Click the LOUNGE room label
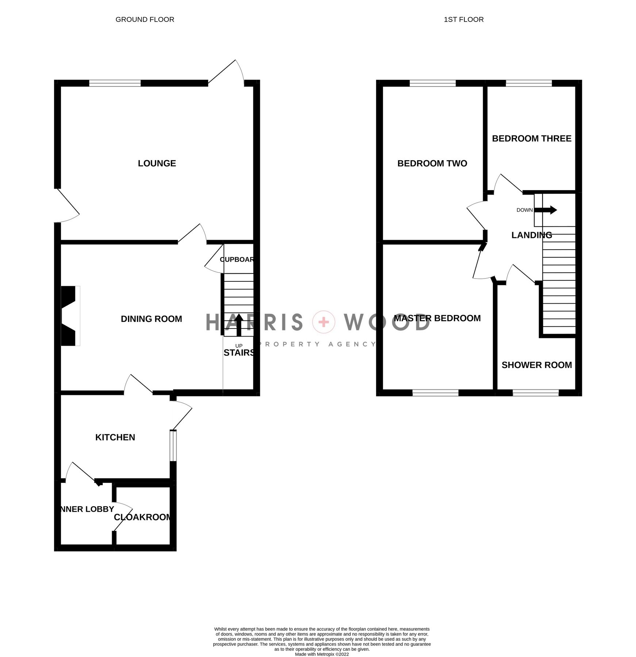[x=157, y=163]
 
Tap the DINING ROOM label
[x=151, y=319]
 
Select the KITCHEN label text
[x=115, y=437]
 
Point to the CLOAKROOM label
[x=142, y=517]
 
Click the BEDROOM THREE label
[x=531, y=138]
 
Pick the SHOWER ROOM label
[x=536, y=365]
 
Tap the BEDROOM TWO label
[x=432, y=163]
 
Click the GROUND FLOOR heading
[x=145, y=19]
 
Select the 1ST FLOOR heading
[x=463, y=19]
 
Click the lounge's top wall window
[x=115, y=84]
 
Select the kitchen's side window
[x=173, y=446]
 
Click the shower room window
[x=535, y=393]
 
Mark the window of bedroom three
[x=528, y=84]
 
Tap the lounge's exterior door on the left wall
[x=68, y=206]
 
